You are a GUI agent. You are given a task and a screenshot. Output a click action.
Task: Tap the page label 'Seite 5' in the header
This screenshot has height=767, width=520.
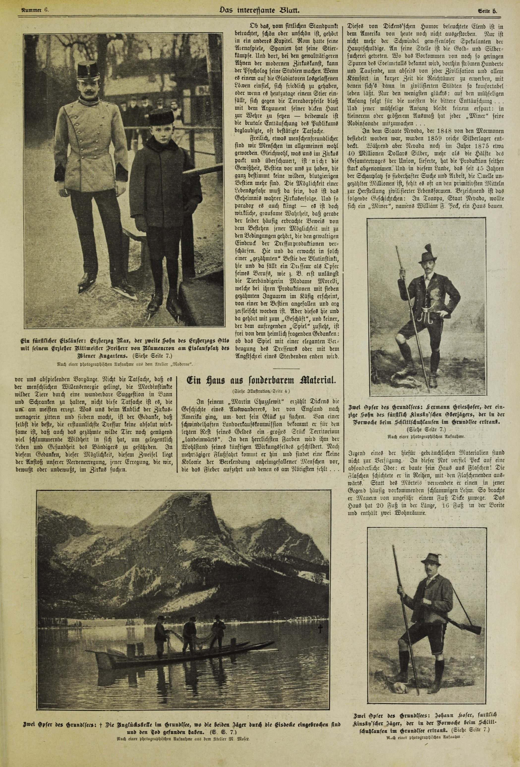(x=487, y=11)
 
